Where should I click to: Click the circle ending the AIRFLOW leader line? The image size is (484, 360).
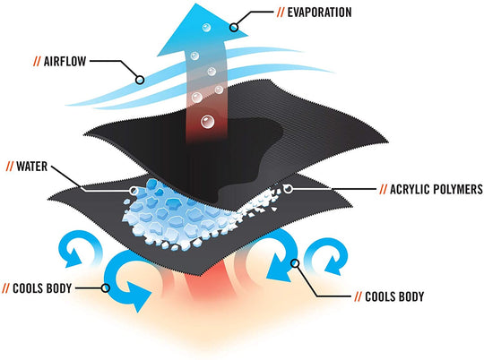tap(140, 79)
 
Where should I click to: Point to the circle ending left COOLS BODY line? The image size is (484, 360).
tap(107, 288)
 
